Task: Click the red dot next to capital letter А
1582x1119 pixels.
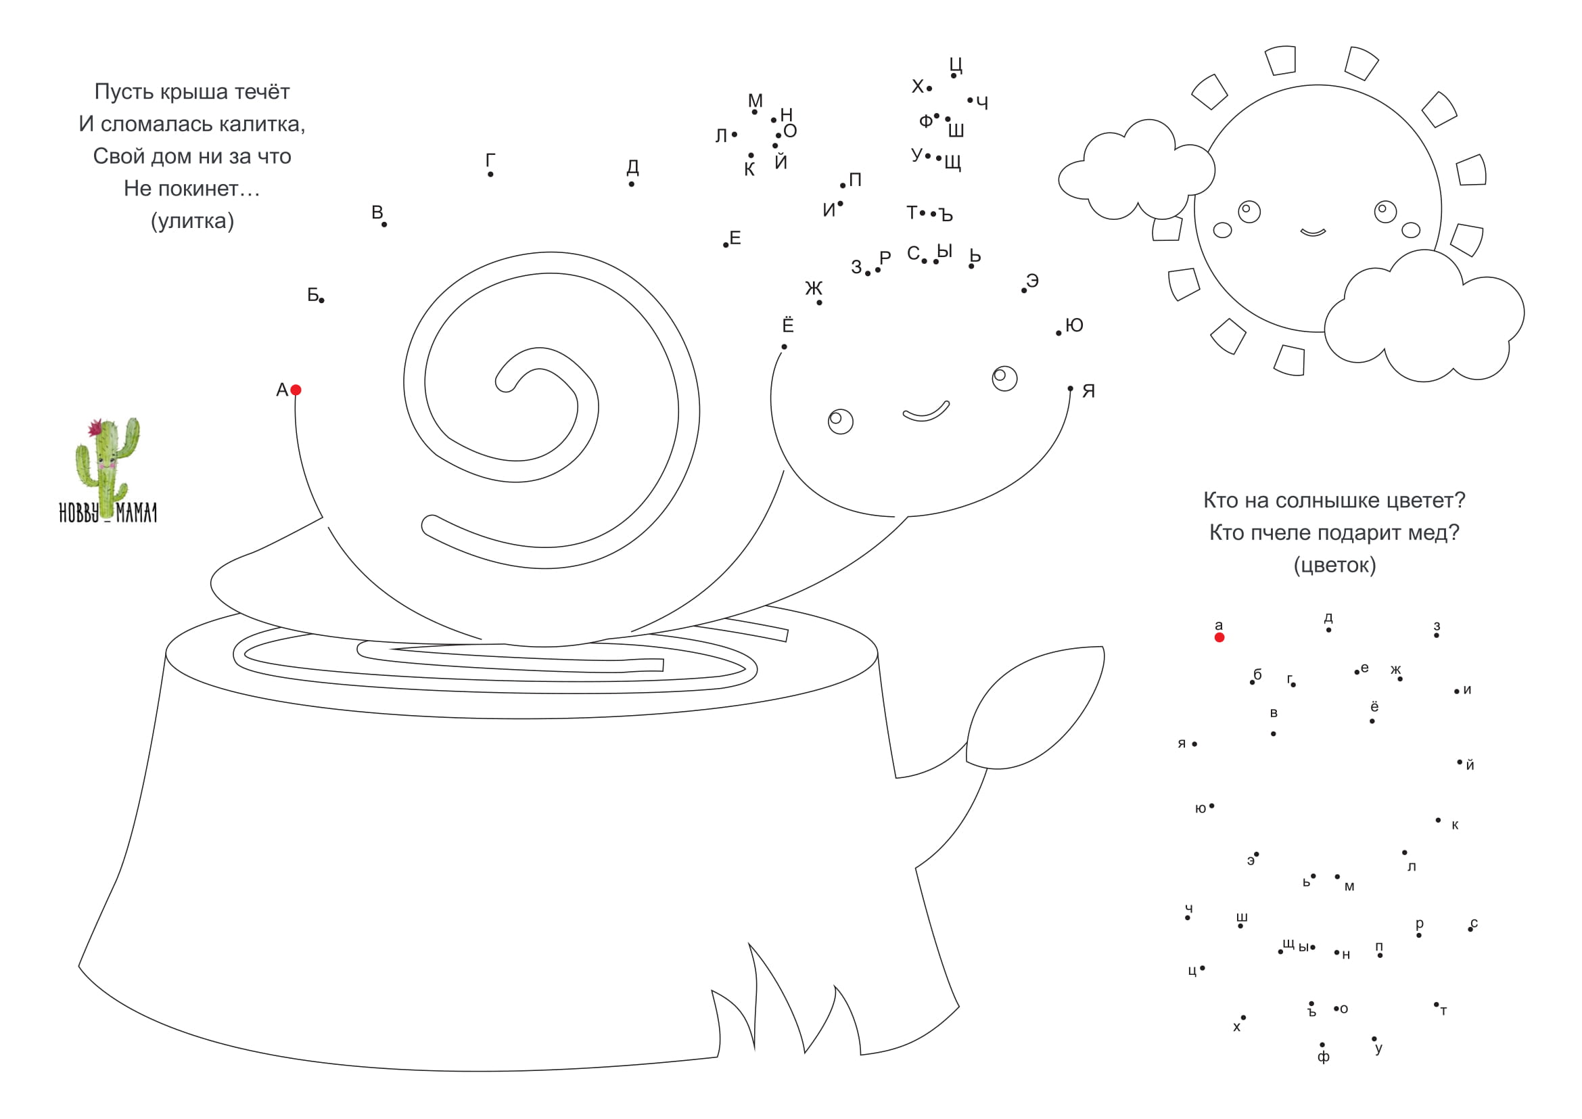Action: click(296, 390)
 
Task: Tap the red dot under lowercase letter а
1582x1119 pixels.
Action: click(1219, 637)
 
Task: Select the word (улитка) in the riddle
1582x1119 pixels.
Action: click(192, 221)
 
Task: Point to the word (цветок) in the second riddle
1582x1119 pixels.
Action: click(1334, 565)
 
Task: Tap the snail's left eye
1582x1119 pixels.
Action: click(841, 421)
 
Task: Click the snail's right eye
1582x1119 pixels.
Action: click(1004, 378)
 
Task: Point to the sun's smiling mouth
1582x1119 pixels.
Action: click(1313, 232)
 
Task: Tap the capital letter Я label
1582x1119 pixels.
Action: click(1089, 390)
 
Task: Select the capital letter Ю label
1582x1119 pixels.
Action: click(1074, 325)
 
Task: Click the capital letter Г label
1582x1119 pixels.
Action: click(490, 160)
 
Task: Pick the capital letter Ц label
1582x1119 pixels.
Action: click(956, 65)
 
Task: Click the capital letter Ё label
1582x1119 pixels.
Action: click(788, 324)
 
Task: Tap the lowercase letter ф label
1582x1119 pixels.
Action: click(1324, 1057)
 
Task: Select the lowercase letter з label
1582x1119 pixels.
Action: click(1437, 626)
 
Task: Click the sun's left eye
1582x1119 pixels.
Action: click(1249, 212)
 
